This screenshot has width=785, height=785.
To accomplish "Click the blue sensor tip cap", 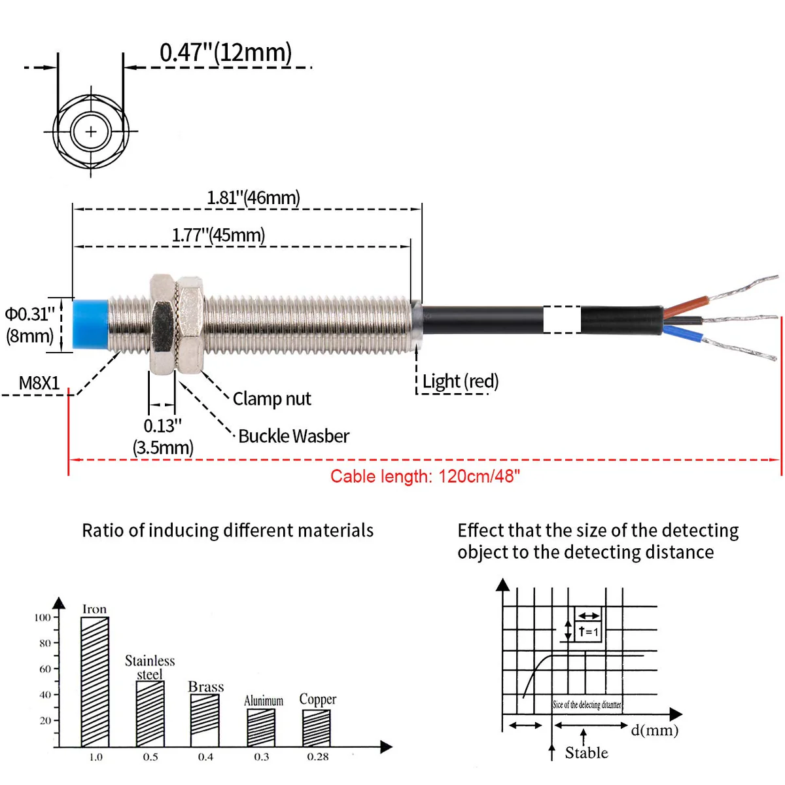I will coord(90,326).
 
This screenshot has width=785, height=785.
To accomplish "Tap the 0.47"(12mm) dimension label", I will coord(226,52).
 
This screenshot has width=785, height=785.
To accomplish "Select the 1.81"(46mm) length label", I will coord(253,198).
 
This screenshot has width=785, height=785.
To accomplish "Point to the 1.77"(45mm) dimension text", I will coord(218,235).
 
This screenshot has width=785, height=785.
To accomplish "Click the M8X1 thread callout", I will coord(39,383).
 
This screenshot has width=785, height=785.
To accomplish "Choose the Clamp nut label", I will coord(271,398).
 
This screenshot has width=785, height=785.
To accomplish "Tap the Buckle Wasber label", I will coord(293,436).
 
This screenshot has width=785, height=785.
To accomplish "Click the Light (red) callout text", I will coord(460,381).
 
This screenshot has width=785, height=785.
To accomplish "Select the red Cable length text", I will coord(425,476).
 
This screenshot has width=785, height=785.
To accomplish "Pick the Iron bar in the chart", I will coord(95,681).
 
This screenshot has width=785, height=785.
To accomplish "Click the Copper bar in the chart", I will coord(317,728).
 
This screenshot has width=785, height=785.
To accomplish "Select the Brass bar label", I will coord(205,687).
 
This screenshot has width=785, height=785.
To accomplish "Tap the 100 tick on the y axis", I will coord(43,618).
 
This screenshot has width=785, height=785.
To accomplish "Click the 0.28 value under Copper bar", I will coord(318,757).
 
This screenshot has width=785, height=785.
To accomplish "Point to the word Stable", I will coord(586,753).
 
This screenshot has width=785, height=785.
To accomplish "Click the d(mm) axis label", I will coord(654,730).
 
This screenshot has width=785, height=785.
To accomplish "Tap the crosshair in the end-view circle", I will coord(91,131).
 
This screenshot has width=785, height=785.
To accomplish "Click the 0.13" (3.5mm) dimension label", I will coord(163,437).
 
